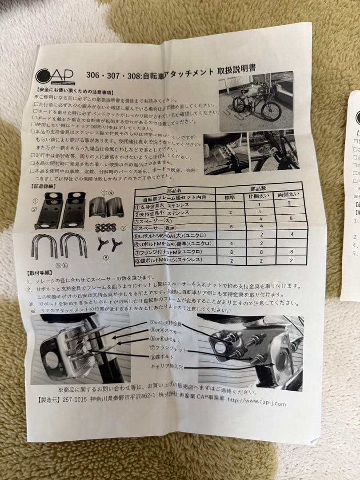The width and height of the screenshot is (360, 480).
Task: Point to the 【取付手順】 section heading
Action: coord(41,272)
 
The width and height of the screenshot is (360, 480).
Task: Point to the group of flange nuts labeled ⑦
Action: coord(105,227)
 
